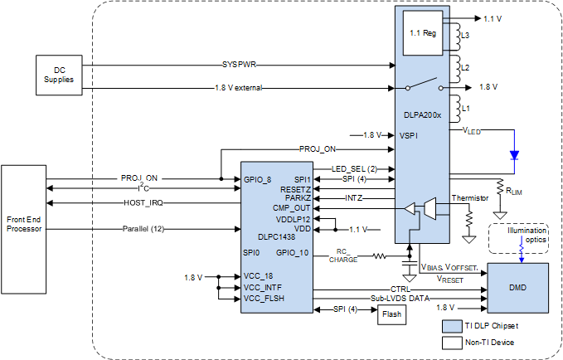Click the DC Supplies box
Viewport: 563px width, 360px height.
[58, 75]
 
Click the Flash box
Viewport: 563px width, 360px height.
[391, 314]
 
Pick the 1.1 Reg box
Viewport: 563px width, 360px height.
[424, 34]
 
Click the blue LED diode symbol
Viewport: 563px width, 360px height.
[514, 154]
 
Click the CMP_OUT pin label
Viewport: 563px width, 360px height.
[293, 207]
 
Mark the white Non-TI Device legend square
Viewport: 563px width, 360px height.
[451, 341]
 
